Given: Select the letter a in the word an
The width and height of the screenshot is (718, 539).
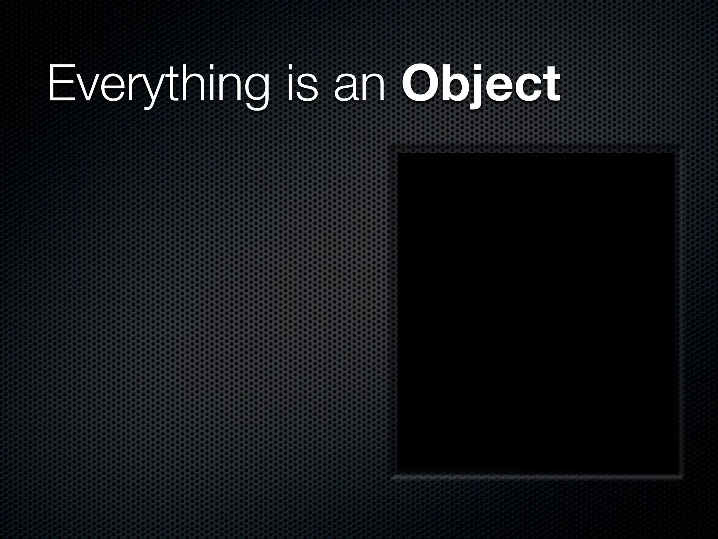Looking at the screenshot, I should pos(345,89).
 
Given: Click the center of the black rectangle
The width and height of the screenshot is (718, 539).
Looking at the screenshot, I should pos(536,311).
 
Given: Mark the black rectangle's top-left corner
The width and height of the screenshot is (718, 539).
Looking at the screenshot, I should pos(398,154).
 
